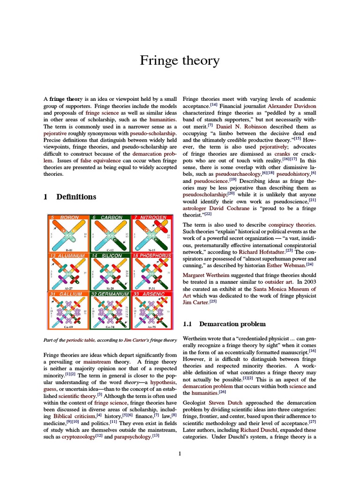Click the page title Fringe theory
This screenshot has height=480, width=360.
point(180,60)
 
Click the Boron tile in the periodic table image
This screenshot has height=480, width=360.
point(68,233)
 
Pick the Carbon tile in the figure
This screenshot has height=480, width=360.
point(111,233)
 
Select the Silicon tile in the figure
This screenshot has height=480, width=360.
point(111,272)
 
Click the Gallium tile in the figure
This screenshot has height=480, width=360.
point(68,310)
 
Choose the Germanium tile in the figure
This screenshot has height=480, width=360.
point(111,310)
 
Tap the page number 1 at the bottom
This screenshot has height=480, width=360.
point(180,453)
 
